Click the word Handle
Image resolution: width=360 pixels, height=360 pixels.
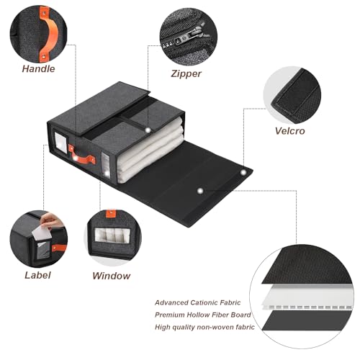coord(38,69)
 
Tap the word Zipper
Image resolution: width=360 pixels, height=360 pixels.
coord(186,73)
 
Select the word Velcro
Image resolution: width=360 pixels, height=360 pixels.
coord(290,131)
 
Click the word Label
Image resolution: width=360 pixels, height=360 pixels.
coord(37,275)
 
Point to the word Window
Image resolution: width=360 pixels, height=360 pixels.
coord(112,276)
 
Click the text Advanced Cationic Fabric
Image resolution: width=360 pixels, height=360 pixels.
coord(197,302)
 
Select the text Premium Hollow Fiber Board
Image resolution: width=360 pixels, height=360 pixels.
coord(203,315)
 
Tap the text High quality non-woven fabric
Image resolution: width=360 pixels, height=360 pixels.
coord(204,327)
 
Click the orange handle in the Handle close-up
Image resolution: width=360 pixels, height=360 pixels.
coord(49,34)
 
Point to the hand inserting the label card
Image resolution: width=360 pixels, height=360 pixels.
coord(51,221)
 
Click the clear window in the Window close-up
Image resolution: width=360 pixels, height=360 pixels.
coord(112,235)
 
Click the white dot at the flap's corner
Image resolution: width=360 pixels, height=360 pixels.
coord(243,172)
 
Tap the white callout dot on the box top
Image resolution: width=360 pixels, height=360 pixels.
coord(148,130)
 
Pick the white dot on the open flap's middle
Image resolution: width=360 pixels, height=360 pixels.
coord(200,191)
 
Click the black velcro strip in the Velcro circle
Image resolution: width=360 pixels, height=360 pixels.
coord(295,96)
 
